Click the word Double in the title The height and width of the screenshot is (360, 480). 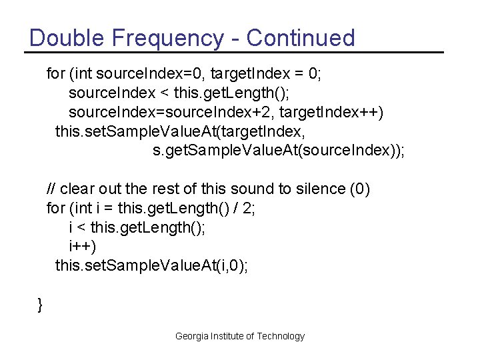65,38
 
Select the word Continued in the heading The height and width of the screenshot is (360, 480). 301,38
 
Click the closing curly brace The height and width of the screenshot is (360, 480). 40,305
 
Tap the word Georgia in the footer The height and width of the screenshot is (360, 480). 192,336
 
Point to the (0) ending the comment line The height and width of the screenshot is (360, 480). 359,189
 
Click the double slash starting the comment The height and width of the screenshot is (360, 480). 51,189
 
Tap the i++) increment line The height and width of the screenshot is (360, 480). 83,247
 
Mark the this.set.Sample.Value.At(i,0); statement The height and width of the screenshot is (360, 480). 151,266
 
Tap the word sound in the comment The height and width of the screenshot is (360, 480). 258,189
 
